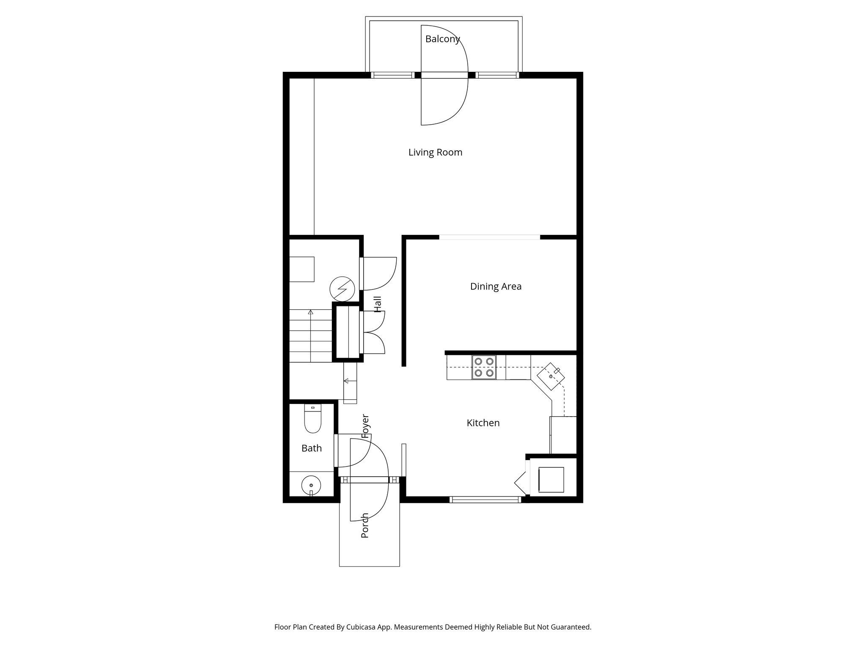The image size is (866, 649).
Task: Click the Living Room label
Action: (435, 153)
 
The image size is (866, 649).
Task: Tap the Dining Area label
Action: (496, 286)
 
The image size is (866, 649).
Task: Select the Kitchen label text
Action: (483, 423)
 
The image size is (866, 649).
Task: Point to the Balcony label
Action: (442, 39)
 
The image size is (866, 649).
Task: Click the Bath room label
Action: (312, 448)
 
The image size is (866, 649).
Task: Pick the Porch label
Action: (365, 525)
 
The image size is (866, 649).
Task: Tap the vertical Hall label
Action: (378, 304)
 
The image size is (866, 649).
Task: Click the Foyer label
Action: (365, 426)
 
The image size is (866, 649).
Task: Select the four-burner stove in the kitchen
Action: (484, 367)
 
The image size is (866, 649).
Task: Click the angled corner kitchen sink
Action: (551, 376)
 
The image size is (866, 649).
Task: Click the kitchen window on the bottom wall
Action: (485, 499)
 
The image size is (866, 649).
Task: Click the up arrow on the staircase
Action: (311, 313)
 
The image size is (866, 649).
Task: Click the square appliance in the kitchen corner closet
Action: (551, 480)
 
